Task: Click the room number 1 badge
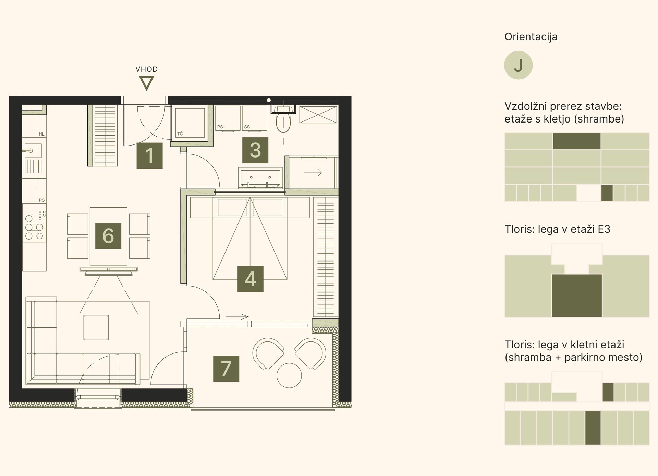149,155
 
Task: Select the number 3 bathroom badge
255,150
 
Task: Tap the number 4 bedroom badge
250,279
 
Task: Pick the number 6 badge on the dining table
108,236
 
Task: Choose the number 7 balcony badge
226,369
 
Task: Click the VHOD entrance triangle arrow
146,83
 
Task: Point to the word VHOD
147,69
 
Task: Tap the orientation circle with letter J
518,65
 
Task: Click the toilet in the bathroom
283,119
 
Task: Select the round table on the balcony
289,375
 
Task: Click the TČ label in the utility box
180,134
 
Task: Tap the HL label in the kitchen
41,134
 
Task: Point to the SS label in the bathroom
247,127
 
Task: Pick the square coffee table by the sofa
96,328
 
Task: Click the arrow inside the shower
313,173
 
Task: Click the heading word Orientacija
531,37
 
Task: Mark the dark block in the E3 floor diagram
577,295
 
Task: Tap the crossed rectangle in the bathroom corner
318,115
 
